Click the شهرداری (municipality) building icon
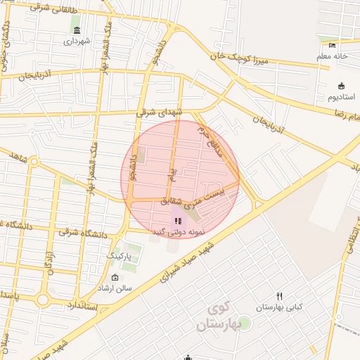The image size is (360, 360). point(76,30)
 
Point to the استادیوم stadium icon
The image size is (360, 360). point(342,83)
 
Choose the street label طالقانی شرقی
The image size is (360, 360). point(69,8)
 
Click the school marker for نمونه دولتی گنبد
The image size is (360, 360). point(177,220)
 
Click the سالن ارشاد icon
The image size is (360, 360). point(115,277)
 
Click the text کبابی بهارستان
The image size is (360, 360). point(281,308)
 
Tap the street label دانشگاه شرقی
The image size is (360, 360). point(83,232)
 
